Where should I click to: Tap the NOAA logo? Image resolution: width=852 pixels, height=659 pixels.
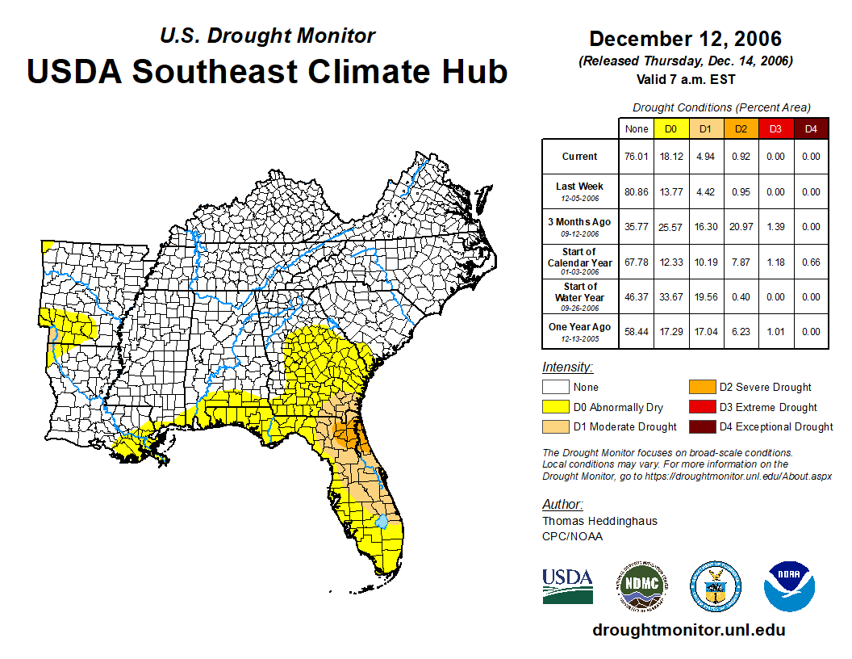pyautogui.click(x=790, y=586)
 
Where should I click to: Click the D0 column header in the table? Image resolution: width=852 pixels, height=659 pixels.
pyautogui.click(x=670, y=129)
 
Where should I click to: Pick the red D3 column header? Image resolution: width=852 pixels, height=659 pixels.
pyautogui.click(x=775, y=129)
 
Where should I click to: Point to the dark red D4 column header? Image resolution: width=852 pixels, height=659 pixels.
pyautogui.click(x=811, y=129)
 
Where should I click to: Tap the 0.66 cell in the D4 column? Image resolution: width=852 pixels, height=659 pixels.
pyautogui.click(x=811, y=262)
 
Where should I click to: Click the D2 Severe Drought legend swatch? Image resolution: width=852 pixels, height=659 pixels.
pyautogui.click(x=701, y=387)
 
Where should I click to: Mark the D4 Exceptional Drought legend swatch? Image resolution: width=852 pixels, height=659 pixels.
pyautogui.click(x=701, y=426)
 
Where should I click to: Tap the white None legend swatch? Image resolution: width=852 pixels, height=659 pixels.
pyautogui.click(x=555, y=387)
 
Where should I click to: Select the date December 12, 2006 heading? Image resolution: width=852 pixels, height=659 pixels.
pyautogui.click(x=685, y=39)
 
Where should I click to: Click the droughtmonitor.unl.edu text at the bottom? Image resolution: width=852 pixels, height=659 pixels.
pyautogui.click(x=688, y=630)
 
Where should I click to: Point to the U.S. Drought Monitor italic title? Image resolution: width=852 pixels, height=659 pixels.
pyautogui.click(x=267, y=36)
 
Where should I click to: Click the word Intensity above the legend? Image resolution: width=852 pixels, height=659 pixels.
pyautogui.click(x=567, y=367)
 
